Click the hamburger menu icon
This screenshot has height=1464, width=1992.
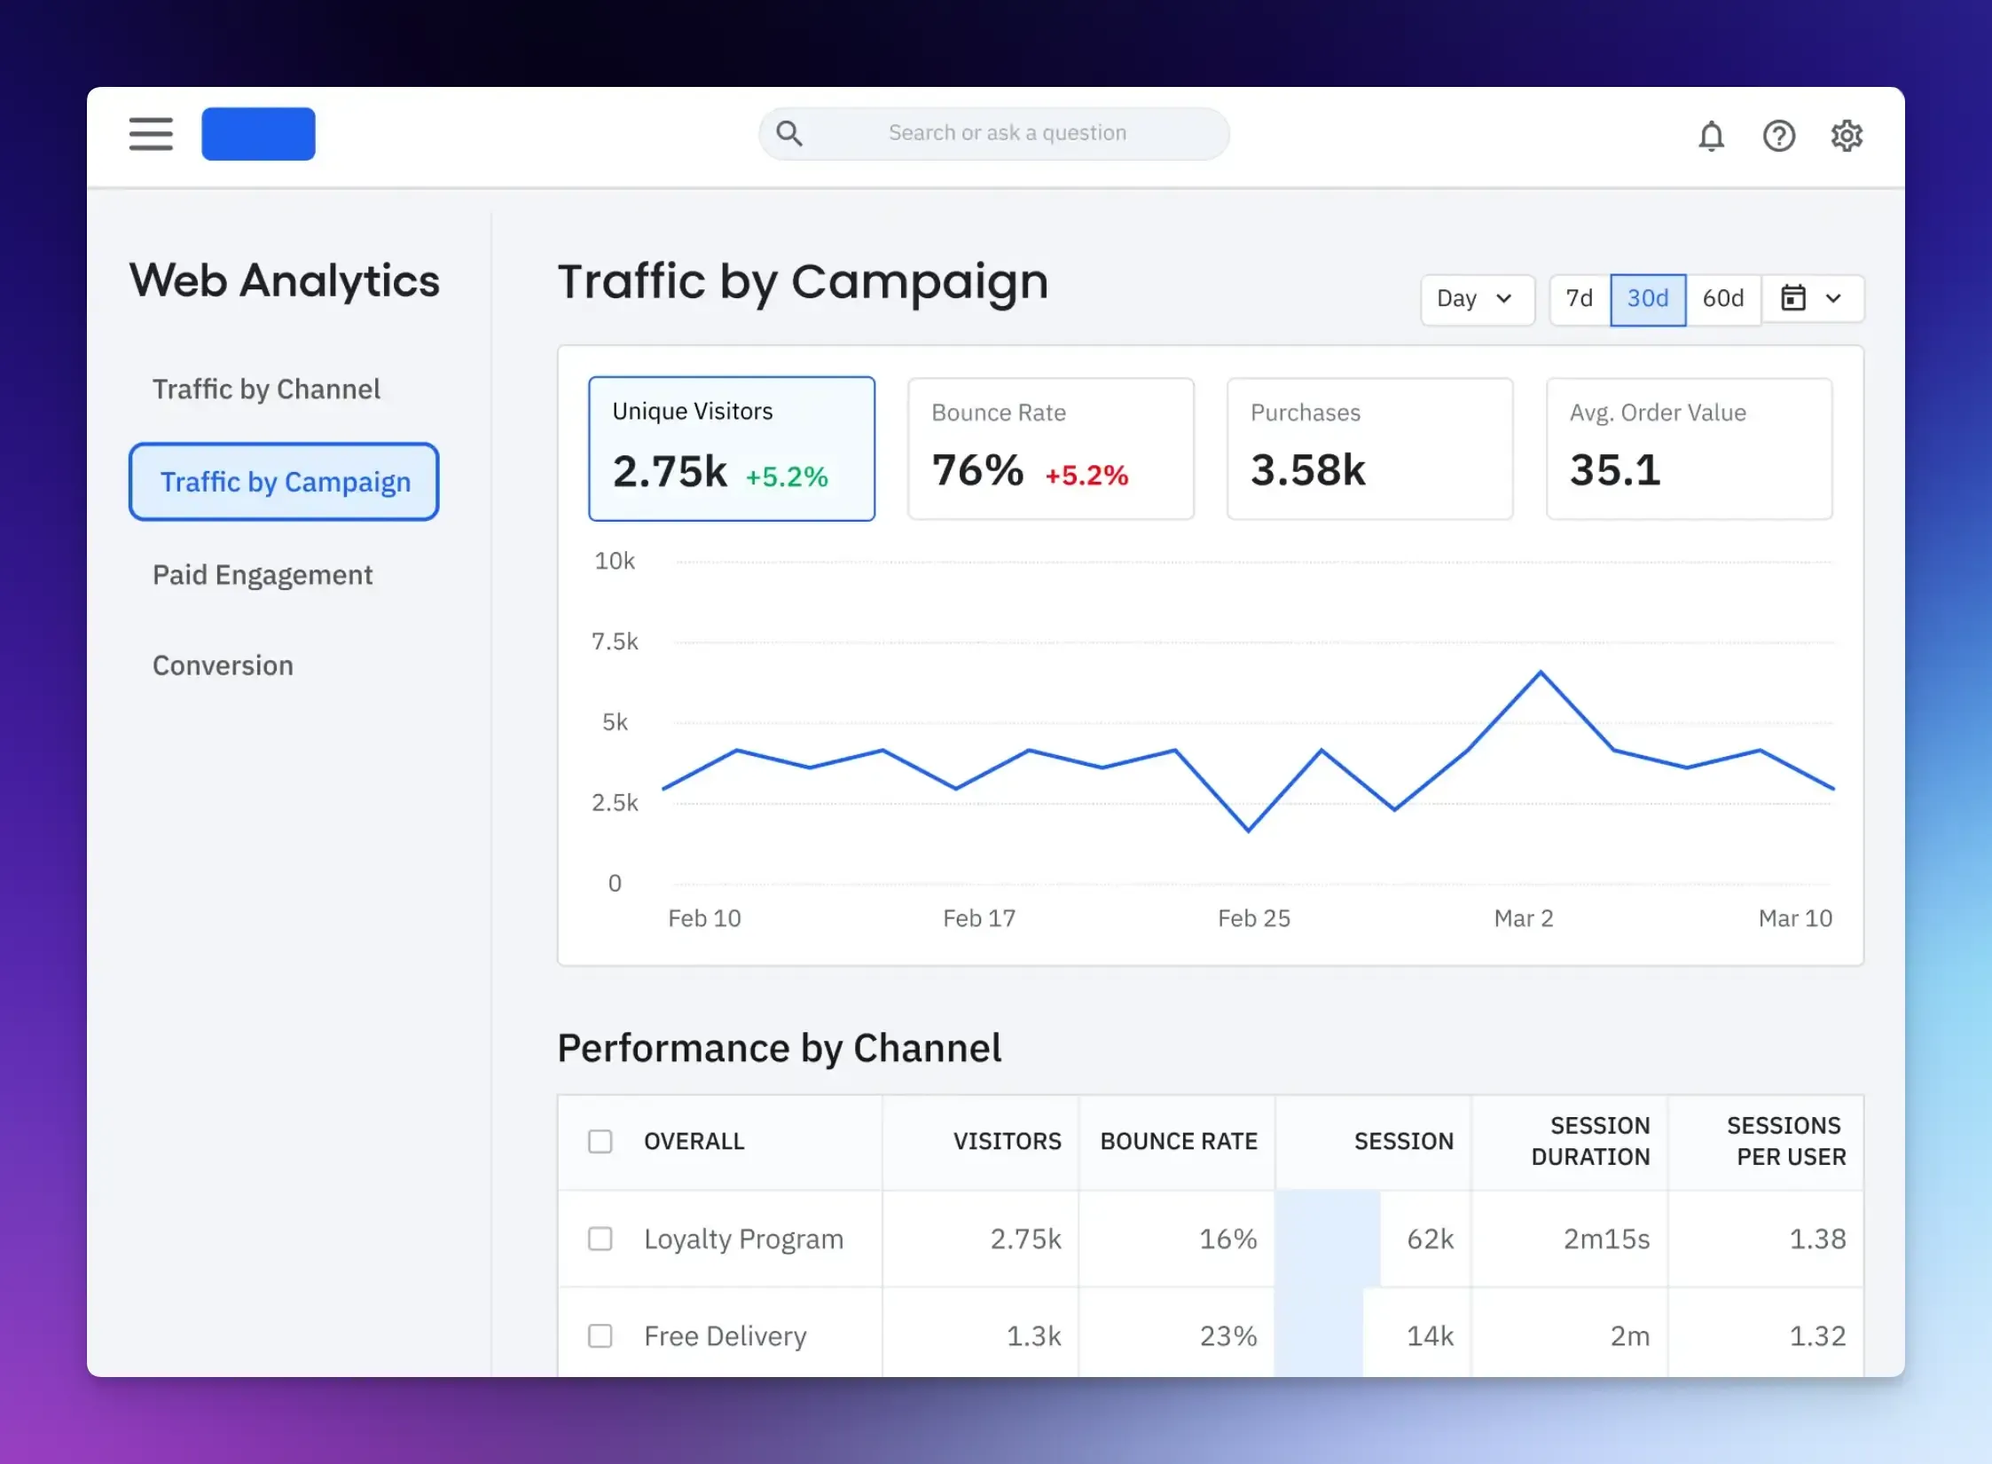click(x=151, y=134)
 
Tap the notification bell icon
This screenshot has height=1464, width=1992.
click(x=1711, y=137)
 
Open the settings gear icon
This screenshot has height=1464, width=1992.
click(x=1847, y=137)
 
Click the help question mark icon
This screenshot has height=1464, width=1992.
click(x=1778, y=137)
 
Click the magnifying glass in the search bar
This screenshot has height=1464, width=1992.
click(x=788, y=134)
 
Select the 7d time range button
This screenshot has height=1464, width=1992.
click(x=1579, y=299)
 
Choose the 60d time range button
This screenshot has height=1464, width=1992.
click(x=1722, y=299)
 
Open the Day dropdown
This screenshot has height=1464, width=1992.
click(x=1476, y=299)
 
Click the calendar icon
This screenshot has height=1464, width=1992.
click(x=1793, y=299)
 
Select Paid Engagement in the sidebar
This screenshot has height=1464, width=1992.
click(x=263, y=575)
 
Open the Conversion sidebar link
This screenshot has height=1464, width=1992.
click(x=223, y=665)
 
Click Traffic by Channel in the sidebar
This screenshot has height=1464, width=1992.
click(x=266, y=390)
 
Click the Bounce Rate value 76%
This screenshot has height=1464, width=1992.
click(x=977, y=470)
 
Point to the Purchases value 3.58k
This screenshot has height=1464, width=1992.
click(x=1307, y=470)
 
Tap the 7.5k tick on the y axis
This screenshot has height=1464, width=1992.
click(x=615, y=641)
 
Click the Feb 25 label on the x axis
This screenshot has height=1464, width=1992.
click(x=1253, y=918)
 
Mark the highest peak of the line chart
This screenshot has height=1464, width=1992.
click(x=1541, y=673)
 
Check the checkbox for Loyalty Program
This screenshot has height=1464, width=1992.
click(x=600, y=1239)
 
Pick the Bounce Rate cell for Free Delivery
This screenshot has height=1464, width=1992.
click(x=1228, y=1335)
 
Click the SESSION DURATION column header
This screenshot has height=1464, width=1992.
click(x=1590, y=1141)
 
